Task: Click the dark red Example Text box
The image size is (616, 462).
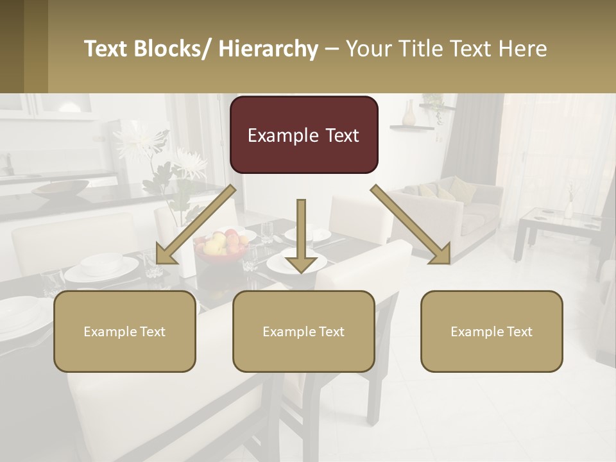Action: (304, 135)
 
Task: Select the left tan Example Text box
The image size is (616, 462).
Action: (124, 331)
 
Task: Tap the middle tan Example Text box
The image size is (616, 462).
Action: (304, 331)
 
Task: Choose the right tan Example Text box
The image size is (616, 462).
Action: (492, 331)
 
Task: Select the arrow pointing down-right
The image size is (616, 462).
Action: (411, 225)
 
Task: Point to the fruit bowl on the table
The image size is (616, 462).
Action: (221, 247)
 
